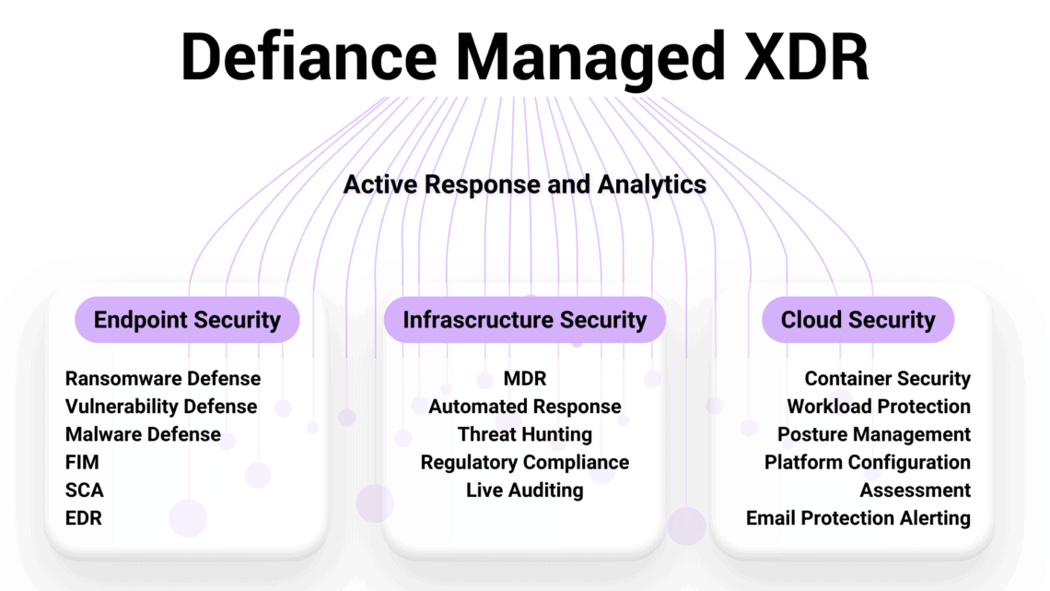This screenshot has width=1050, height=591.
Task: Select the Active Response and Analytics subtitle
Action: coord(524,184)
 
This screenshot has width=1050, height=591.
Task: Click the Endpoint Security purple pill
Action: coord(187,320)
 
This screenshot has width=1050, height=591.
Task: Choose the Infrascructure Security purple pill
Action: coord(524,320)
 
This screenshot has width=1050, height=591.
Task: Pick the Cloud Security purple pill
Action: coord(857,320)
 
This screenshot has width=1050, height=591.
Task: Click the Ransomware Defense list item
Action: coord(163,379)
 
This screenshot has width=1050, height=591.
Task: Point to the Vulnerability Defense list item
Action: coord(161,407)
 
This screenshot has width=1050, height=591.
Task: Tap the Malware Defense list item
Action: coord(143,434)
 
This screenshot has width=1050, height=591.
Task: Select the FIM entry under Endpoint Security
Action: coord(82,462)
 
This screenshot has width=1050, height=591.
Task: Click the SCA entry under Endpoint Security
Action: coord(84,491)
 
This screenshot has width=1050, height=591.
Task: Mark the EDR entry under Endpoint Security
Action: coord(84,518)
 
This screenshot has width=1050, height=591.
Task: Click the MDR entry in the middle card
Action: coord(525,379)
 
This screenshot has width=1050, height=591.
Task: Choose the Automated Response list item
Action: coord(525,407)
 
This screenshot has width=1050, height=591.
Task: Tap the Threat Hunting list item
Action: coord(525,434)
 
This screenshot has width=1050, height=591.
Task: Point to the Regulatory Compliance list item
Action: coord(525,462)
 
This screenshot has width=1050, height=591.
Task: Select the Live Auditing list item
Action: coord(525,491)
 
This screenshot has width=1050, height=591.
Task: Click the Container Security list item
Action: coord(887,379)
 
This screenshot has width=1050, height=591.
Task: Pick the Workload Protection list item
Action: coord(879,407)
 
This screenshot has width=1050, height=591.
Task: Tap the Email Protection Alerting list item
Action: coord(858,518)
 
